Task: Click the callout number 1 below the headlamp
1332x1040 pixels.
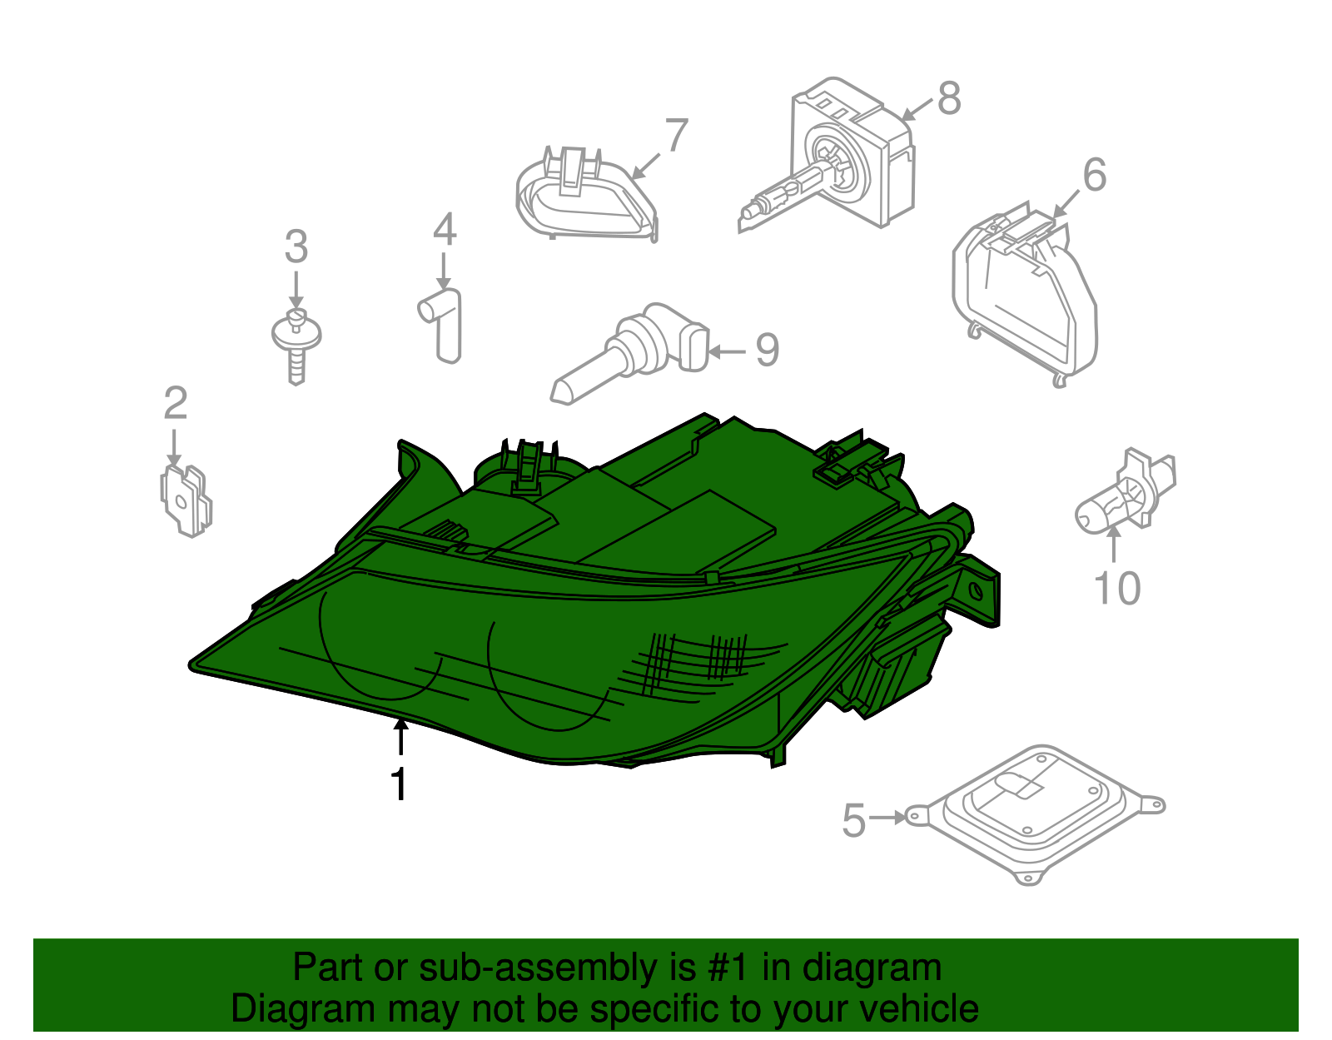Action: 399,784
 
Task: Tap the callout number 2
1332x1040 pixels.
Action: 176,403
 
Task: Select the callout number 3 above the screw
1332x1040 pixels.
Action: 296,246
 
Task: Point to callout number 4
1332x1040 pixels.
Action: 445,229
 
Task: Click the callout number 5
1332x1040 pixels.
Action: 854,820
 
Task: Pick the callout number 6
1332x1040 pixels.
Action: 1095,174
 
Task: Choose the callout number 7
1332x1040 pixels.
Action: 676,134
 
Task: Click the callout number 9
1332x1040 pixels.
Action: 767,350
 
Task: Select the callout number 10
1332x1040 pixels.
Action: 1117,589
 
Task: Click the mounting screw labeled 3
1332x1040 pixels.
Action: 296,346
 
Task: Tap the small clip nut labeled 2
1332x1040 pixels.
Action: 186,500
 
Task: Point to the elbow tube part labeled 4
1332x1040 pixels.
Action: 440,326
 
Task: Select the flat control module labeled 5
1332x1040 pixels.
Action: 1035,814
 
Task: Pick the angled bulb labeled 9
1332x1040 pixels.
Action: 629,354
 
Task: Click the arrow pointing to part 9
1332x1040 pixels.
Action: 728,351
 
